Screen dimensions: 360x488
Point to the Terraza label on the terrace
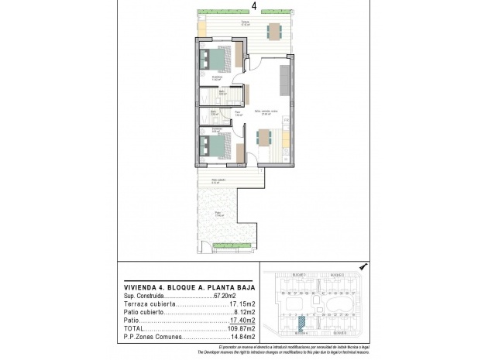[x=245, y=23]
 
